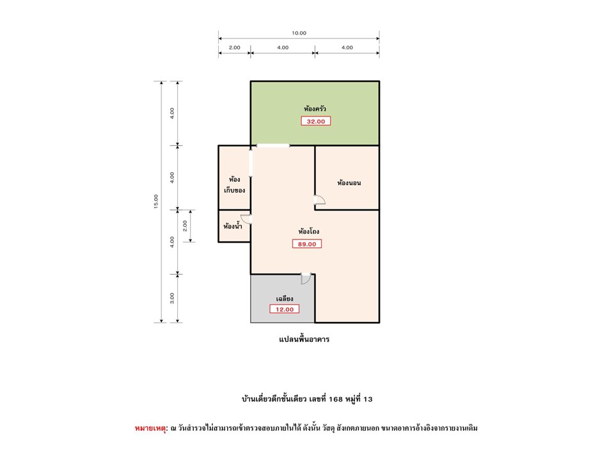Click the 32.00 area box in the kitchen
pos(315,121)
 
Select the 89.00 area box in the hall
pos(307,244)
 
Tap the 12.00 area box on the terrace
pos(284,309)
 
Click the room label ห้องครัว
pos(315,109)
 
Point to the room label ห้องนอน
pos(349,182)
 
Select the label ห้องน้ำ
pos(233,226)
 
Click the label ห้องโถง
pos(308,231)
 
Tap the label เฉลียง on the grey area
pos(285,299)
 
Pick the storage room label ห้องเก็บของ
pos(235,184)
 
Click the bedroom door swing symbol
pos(320,200)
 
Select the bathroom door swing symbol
pos(246,219)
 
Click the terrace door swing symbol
pos(306,278)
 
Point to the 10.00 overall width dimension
pos(299,33)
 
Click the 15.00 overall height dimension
pos(156,202)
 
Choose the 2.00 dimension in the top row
pos(235,47)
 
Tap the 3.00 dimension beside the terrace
pos(172,298)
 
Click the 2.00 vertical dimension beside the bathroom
pos(185,226)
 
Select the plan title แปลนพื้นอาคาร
pos(304,339)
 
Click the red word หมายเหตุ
pos(151,428)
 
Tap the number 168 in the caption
pos(336,399)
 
